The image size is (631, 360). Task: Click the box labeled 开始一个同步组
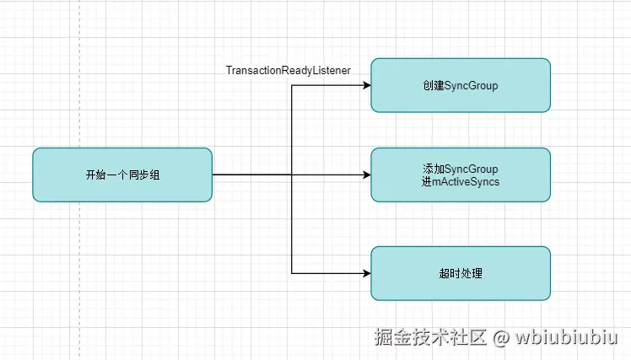click(x=122, y=175)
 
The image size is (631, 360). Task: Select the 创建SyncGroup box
click(x=461, y=85)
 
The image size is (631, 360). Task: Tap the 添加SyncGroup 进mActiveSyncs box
click(x=461, y=175)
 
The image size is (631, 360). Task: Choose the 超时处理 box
click(x=461, y=273)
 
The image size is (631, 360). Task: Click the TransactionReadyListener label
click(x=288, y=71)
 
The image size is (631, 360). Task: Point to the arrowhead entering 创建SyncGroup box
click(x=366, y=85)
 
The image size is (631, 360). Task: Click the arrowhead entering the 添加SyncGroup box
click(x=366, y=175)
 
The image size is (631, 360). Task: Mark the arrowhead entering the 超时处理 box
click(x=366, y=273)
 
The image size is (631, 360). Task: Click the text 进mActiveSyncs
click(x=460, y=182)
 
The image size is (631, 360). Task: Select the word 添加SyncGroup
click(x=461, y=169)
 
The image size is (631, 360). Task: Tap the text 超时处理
click(x=461, y=273)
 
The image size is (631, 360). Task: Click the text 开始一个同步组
click(x=122, y=175)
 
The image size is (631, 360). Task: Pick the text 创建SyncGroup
click(x=461, y=86)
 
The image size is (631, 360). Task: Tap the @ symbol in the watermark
click(x=501, y=339)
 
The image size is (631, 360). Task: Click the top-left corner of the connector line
click(x=292, y=85)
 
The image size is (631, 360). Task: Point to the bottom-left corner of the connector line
click(x=292, y=273)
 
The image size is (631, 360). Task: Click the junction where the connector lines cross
click(x=292, y=175)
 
